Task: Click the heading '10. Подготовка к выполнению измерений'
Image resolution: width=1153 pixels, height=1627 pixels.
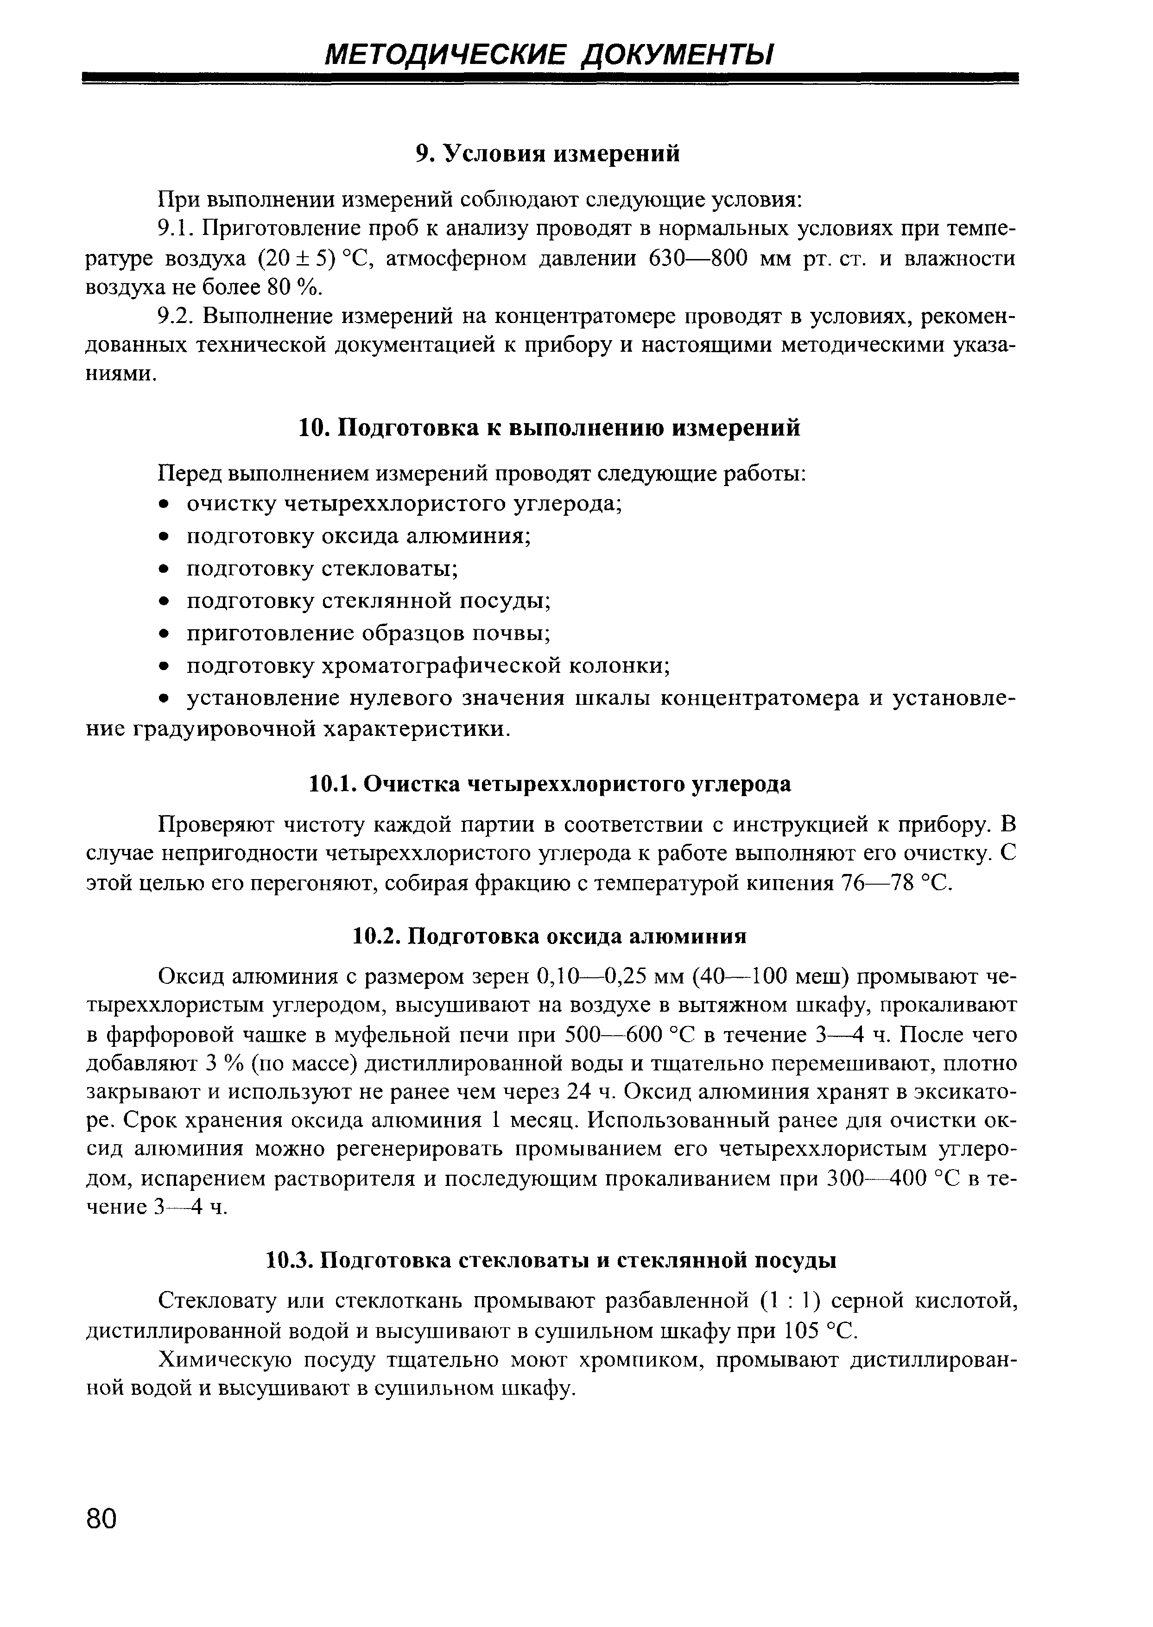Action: [547, 428]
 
